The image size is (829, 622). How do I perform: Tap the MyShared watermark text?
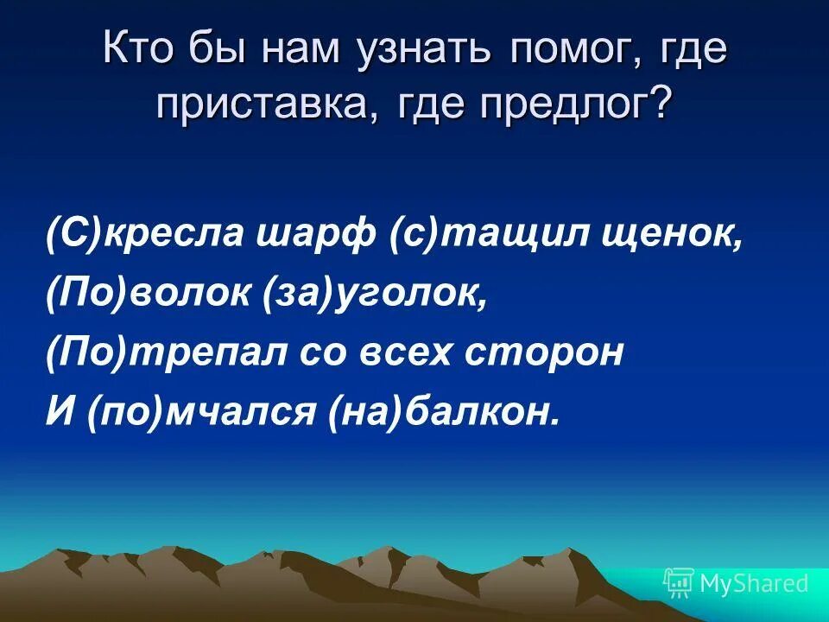(754, 584)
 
